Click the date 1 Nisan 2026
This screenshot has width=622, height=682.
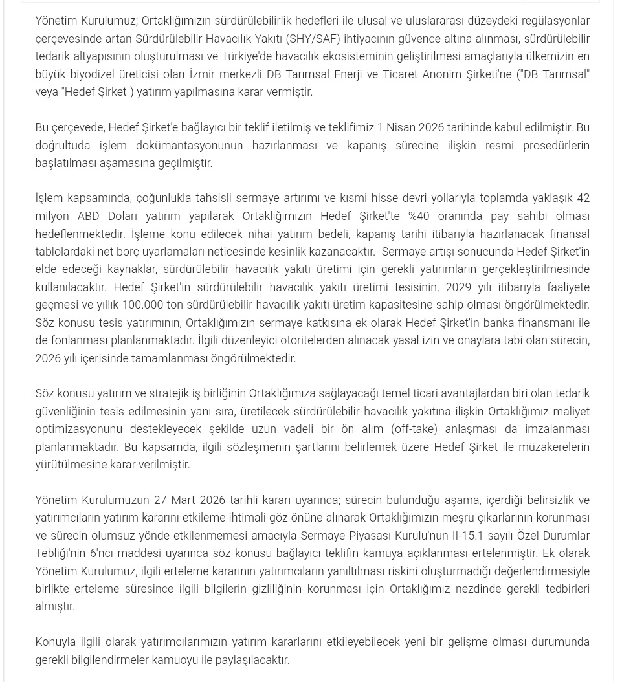click(x=410, y=127)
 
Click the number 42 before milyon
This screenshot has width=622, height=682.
click(x=583, y=198)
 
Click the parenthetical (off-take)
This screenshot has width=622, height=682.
click(x=414, y=429)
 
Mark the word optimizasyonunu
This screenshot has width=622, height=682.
click(x=78, y=429)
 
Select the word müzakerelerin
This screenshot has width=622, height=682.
click(x=555, y=447)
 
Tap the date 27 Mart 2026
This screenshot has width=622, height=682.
click(x=189, y=500)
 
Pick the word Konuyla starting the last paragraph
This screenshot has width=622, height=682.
click(x=55, y=642)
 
